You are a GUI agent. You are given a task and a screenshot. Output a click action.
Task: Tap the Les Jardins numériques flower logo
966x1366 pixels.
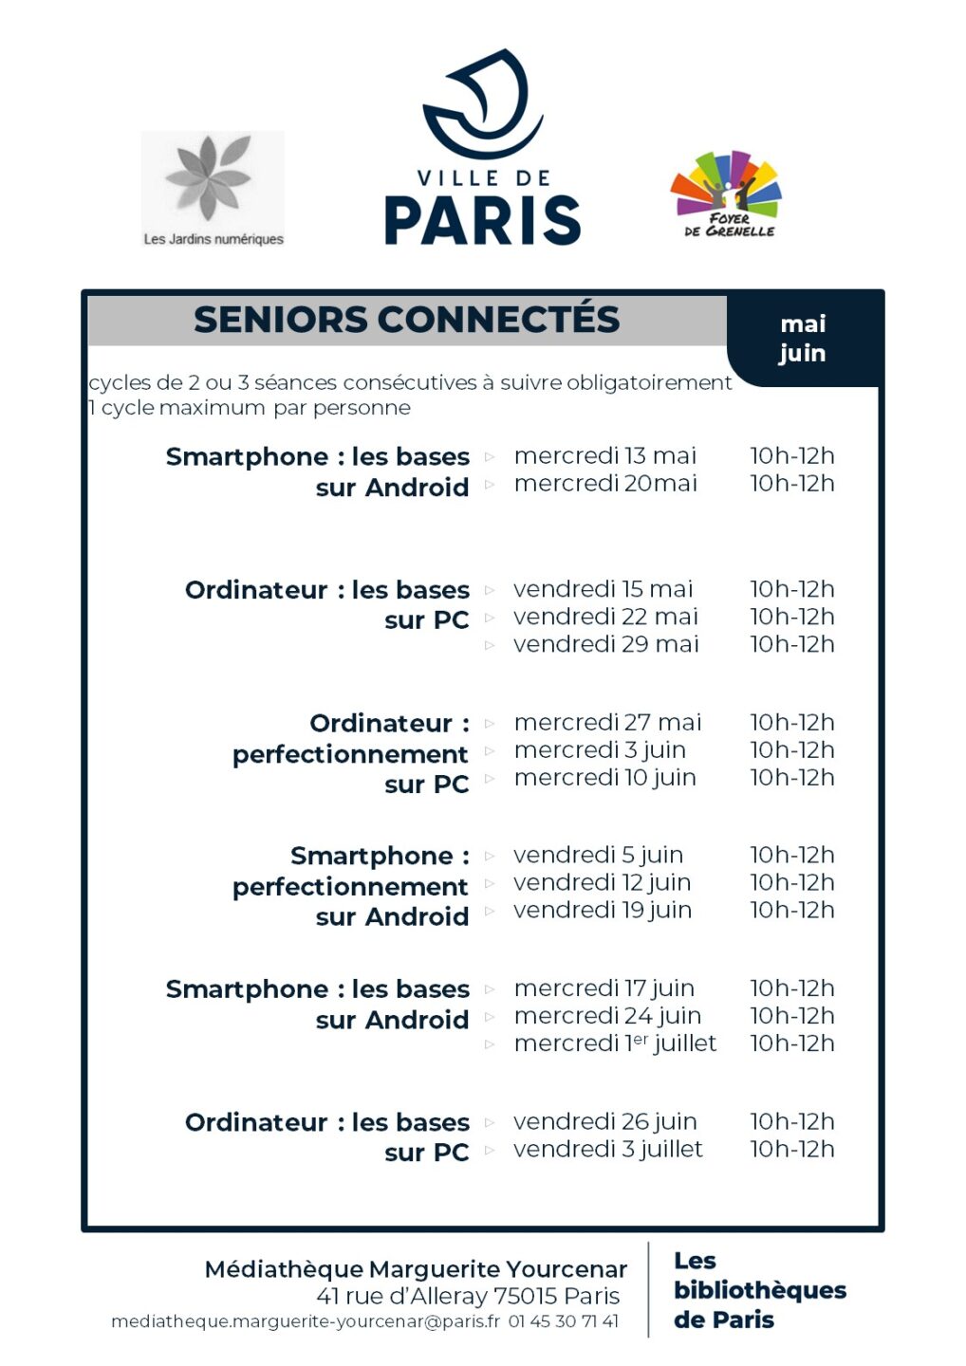(x=213, y=188)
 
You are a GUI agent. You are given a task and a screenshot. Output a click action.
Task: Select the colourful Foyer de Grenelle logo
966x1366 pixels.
(x=727, y=194)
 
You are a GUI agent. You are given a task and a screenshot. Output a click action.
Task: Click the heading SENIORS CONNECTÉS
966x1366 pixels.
(x=406, y=320)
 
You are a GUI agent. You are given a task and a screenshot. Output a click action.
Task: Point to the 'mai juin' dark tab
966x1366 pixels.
(x=803, y=339)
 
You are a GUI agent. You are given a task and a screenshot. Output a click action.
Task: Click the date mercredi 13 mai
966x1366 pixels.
(x=604, y=456)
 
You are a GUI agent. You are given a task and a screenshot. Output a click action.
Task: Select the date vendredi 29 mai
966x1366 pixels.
(x=605, y=644)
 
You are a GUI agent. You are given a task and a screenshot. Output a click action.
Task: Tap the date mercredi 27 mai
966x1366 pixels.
(x=607, y=723)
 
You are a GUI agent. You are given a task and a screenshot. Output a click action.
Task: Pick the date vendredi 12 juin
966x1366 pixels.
(x=602, y=883)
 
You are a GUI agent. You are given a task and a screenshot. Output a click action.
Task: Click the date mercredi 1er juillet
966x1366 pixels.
(x=615, y=1043)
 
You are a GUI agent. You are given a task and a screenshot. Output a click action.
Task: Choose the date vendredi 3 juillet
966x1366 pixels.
(x=607, y=1150)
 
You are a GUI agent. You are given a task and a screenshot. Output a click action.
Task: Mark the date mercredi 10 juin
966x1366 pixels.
(x=604, y=778)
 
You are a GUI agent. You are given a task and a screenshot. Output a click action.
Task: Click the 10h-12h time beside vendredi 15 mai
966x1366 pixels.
(x=792, y=589)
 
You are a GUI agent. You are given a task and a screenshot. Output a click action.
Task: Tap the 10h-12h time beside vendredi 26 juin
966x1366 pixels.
(x=792, y=1122)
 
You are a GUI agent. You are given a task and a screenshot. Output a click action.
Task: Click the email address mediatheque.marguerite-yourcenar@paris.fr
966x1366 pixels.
(x=305, y=1321)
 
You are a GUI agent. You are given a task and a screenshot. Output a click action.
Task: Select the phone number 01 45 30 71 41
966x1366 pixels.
(x=563, y=1321)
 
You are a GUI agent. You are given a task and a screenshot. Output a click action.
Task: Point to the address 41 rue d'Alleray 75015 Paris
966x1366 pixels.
(x=468, y=1296)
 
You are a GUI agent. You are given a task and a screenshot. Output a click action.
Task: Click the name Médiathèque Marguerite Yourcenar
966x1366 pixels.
(x=416, y=1269)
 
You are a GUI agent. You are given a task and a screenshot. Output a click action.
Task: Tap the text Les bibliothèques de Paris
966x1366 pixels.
(x=759, y=1290)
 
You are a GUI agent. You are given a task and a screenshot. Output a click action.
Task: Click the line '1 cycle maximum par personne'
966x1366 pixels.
(x=250, y=408)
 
